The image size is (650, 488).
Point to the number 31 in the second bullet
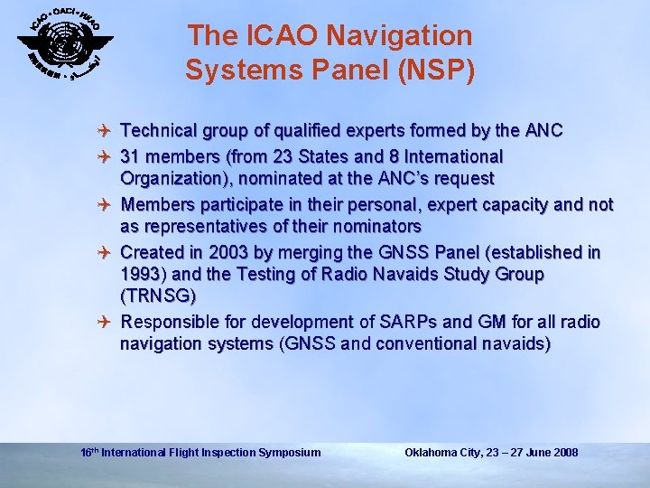132,157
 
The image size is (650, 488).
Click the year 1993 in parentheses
141,274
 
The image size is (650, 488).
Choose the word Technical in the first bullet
158,132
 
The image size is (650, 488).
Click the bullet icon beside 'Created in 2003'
107,252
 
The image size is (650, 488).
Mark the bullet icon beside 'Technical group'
107,132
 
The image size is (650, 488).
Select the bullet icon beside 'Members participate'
107,204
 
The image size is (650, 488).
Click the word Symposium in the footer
289,452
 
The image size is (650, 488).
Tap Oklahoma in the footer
433,452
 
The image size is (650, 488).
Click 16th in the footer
88,451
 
